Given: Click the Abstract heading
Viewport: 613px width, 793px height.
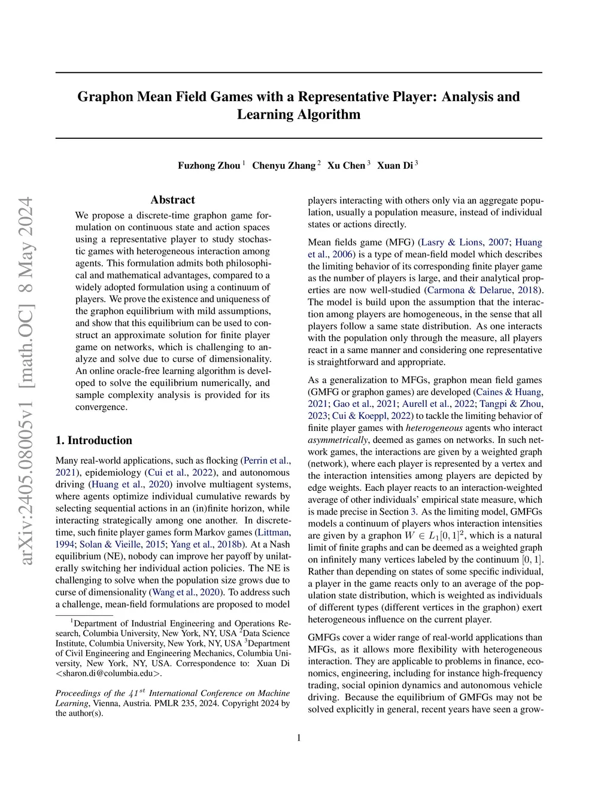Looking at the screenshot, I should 172,200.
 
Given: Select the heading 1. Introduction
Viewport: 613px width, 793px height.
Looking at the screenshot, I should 93,440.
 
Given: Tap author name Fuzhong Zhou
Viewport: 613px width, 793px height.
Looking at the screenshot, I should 209,166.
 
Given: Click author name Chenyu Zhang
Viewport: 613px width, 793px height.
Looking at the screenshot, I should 283,166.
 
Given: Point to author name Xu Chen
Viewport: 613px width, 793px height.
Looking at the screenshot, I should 346,166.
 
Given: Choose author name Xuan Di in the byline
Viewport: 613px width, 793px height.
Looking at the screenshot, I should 394,166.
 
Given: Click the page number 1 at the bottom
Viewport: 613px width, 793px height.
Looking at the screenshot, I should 299,738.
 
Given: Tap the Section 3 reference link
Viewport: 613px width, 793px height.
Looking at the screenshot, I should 413,512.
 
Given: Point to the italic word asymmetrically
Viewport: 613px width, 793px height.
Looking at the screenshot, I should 338,440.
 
